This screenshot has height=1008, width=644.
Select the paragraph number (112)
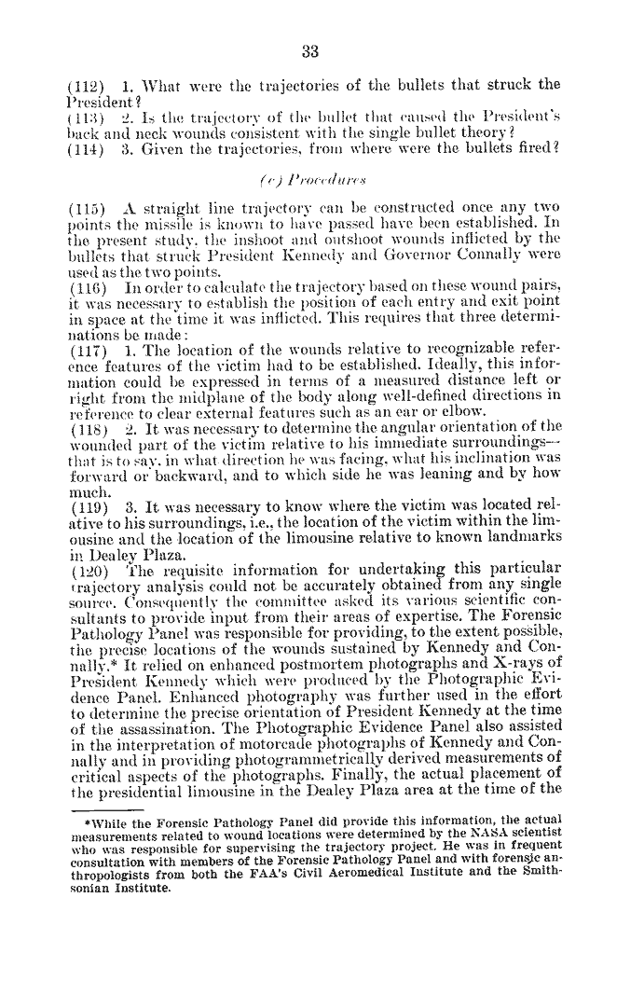click(86, 85)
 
